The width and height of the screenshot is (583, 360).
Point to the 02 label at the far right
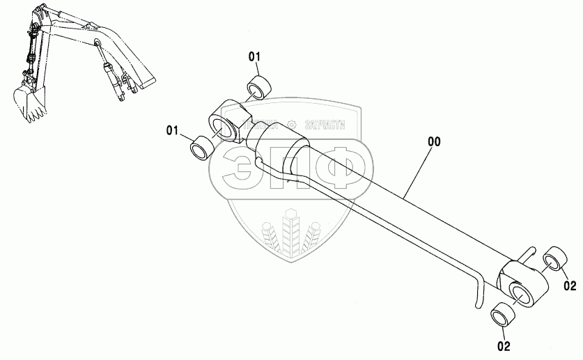[570, 285]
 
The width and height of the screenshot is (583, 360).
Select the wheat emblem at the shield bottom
[291, 234]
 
